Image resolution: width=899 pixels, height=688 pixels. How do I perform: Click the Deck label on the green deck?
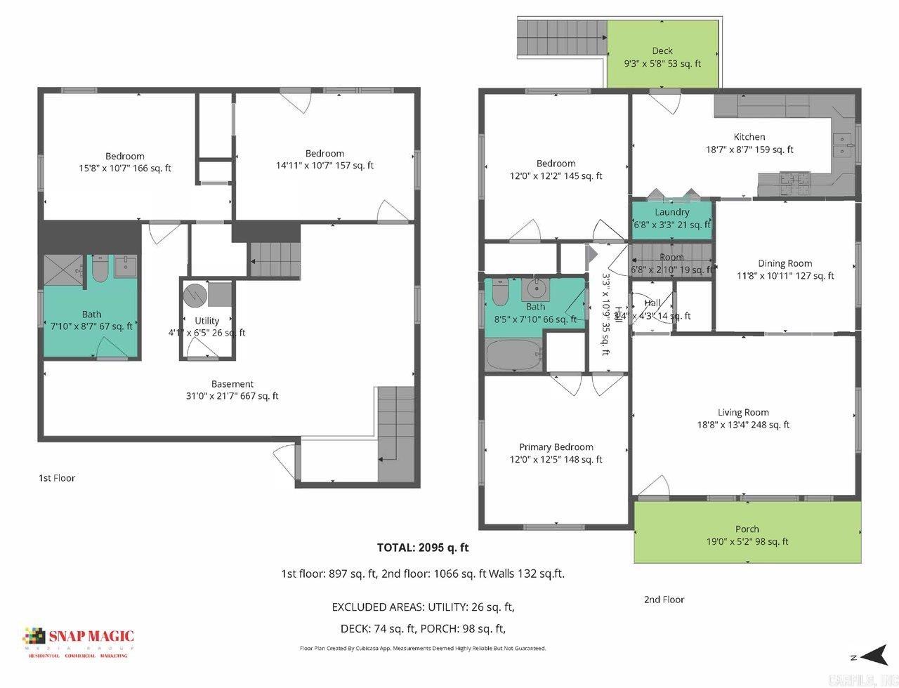click(x=662, y=51)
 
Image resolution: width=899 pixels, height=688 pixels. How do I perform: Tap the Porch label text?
click(x=747, y=529)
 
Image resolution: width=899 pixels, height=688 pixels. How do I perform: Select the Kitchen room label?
click(x=749, y=137)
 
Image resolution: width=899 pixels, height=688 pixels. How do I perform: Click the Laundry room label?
click(x=671, y=212)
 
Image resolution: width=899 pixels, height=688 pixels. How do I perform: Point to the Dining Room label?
click(x=785, y=263)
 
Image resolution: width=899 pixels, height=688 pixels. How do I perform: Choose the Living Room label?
click(x=743, y=413)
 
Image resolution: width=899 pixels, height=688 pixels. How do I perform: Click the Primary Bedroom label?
click(x=556, y=447)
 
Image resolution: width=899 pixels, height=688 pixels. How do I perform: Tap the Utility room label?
click(x=206, y=321)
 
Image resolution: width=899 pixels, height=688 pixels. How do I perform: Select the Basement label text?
click(x=232, y=384)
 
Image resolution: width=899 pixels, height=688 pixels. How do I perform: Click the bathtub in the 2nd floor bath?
click(x=513, y=357)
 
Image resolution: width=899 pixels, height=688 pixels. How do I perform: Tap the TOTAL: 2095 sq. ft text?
click(x=422, y=548)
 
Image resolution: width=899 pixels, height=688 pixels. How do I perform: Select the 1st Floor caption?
click(x=56, y=478)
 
